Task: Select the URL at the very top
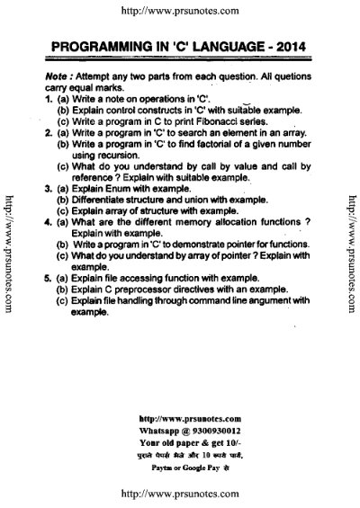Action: click(181, 11)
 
